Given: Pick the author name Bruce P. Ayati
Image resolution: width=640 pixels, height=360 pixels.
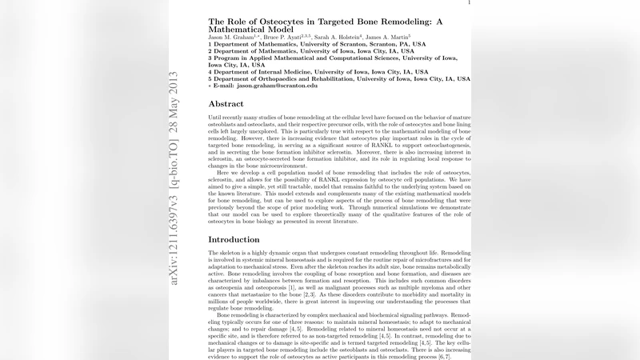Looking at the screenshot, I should [289, 37].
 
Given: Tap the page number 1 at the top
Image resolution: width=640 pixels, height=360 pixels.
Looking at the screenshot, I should [469, 2].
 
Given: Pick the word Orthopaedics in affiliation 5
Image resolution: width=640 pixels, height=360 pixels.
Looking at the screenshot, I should [282, 79].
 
